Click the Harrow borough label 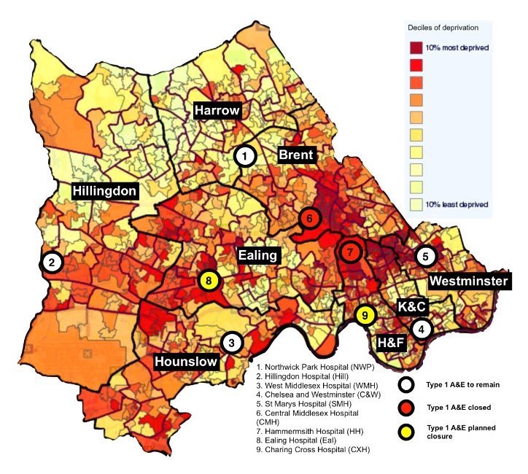[x=217, y=111]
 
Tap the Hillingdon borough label [x=105, y=191]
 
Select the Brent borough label [x=295, y=155]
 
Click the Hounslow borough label [x=185, y=361]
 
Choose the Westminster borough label [x=467, y=280]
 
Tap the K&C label [x=412, y=306]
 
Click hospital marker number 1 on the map [x=245, y=155]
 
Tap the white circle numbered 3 [x=231, y=342]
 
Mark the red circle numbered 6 [x=309, y=218]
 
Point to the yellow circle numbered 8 [x=209, y=280]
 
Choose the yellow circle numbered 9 [x=365, y=315]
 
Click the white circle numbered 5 [x=426, y=256]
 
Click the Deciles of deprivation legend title [x=443, y=28]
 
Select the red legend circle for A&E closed [x=408, y=407]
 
